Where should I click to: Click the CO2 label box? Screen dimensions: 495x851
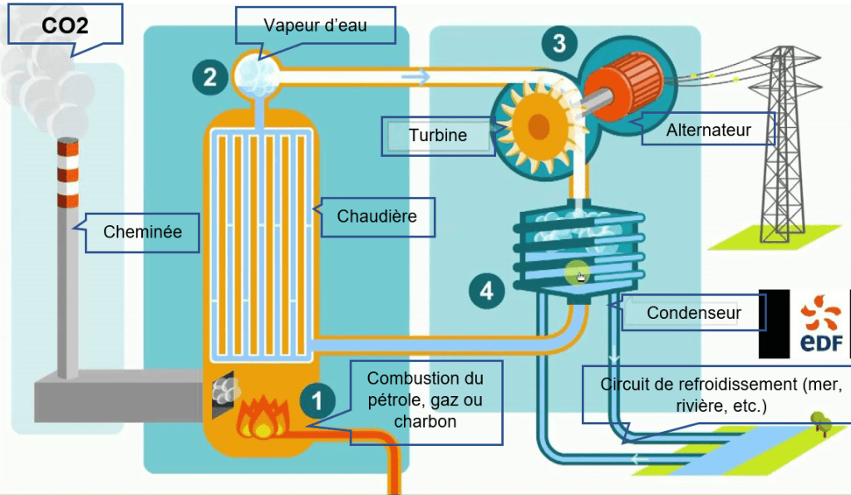(x=65, y=25)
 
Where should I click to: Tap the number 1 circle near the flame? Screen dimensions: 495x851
(x=317, y=401)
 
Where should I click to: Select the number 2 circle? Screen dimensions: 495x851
(x=209, y=77)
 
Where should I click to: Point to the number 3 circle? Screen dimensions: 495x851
(x=559, y=43)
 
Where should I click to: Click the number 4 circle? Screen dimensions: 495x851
(x=486, y=290)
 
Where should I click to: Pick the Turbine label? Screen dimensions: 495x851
(x=438, y=135)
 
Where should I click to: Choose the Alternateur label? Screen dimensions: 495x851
(x=708, y=130)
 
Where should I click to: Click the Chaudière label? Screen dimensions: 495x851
(x=376, y=218)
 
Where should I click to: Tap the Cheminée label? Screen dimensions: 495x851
(x=142, y=232)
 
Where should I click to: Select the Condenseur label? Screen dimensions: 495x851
(x=694, y=313)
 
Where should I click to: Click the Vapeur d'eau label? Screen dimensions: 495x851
(x=314, y=27)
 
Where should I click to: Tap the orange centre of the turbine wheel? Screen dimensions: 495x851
(x=539, y=127)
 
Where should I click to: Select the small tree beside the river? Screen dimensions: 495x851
(x=822, y=420)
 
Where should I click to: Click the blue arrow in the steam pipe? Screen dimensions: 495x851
(x=416, y=77)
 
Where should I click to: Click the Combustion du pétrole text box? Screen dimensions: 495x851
(x=425, y=400)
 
